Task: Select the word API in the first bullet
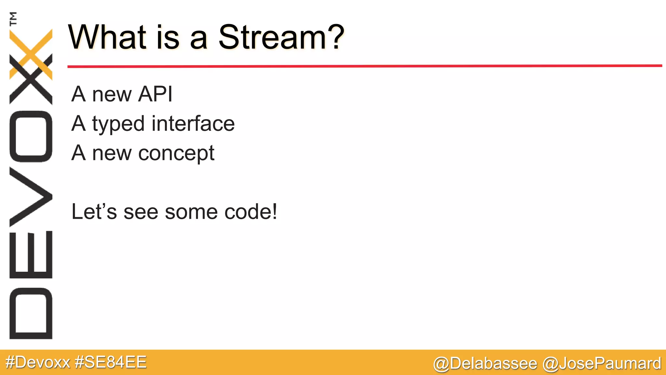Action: click(155, 94)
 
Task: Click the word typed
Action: click(118, 124)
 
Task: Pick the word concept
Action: click(176, 153)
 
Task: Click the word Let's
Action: click(94, 212)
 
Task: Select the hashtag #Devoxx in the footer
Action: click(38, 362)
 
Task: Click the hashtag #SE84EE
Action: click(111, 362)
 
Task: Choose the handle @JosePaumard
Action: click(602, 363)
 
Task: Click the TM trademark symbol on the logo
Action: click(13, 19)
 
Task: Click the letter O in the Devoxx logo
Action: click(31, 136)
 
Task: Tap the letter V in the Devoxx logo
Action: click(31, 197)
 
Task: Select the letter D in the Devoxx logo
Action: click(31, 313)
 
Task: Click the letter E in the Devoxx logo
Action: click(31, 255)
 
